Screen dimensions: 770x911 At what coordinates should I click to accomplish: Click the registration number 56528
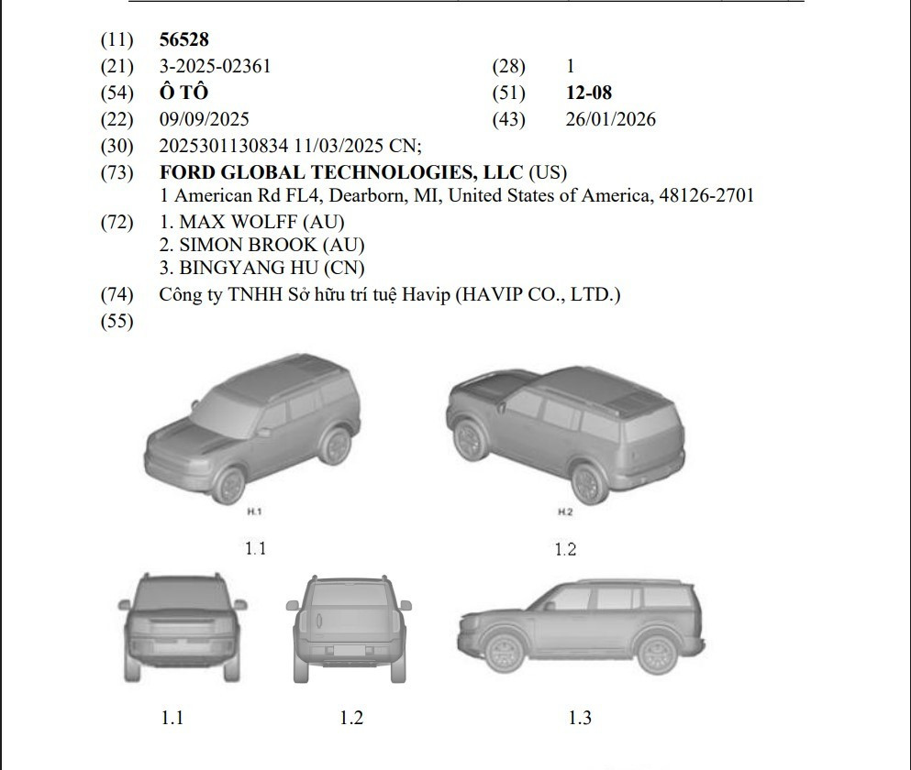183,39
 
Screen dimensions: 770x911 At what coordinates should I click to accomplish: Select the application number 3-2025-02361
215,66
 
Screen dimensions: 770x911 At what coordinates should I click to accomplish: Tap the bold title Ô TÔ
183,93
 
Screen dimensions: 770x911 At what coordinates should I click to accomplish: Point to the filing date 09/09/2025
204,119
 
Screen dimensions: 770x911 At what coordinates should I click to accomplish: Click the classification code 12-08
589,93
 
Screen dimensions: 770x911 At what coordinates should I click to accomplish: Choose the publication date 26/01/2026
611,119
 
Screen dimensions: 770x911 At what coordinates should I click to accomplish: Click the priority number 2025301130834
224,146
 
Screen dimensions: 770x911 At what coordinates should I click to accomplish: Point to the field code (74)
117,295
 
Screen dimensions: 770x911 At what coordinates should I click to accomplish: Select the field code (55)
117,321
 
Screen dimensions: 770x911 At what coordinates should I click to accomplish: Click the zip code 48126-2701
706,195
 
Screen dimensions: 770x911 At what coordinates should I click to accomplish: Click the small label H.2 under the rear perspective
565,512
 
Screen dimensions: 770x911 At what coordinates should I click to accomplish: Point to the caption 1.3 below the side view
579,718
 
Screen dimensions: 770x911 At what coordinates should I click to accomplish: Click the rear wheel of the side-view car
657,652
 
